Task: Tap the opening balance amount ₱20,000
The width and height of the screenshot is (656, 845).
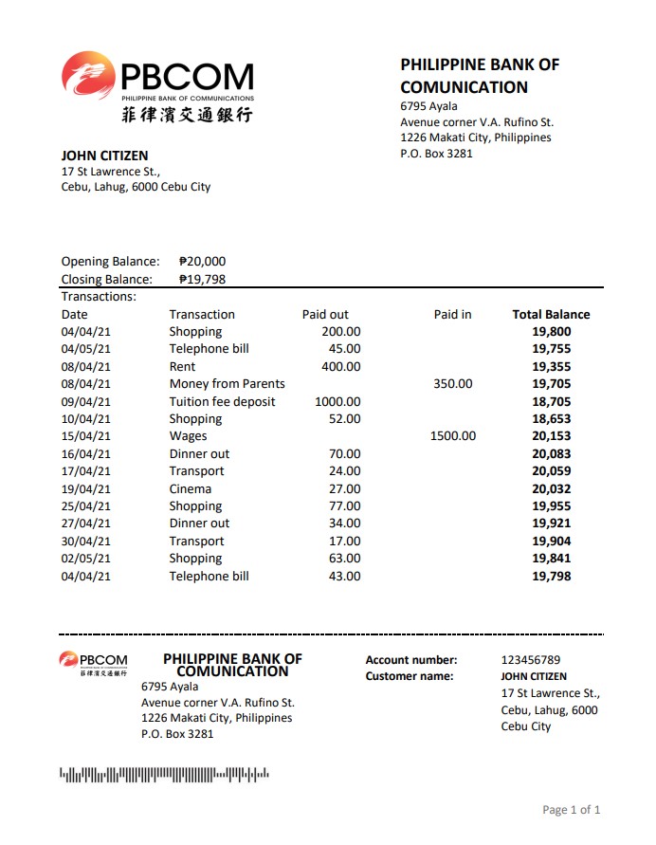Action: click(x=202, y=262)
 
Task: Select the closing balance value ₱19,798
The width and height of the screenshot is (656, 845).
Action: click(x=202, y=279)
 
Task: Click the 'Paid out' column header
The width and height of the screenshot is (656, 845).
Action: click(x=325, y=314)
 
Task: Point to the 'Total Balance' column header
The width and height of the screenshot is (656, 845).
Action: click(x=551, y=314)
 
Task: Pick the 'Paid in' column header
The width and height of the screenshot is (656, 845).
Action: click(x=452, y=314)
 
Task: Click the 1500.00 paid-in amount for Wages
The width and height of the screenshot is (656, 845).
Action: click(x=452, y=436)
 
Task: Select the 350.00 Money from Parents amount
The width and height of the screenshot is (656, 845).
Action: click(x=452, y=384)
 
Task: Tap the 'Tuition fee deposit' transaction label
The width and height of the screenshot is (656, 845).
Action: click(x=222, y=401)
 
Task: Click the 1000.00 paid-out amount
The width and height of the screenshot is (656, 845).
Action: click(x=337, y=401)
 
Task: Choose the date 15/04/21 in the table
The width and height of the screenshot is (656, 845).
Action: click(x=86, y=436)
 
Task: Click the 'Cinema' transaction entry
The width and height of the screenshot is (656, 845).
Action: click(x=191, y=488)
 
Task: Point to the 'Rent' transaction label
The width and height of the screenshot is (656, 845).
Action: click(x=182, y=366)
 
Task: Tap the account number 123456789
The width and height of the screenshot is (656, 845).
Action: click(x=531, y=660)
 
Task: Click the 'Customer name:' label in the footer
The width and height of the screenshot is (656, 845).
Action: click(x=410, y=676)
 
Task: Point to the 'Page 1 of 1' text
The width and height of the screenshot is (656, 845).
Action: click(x=571, y=810)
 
